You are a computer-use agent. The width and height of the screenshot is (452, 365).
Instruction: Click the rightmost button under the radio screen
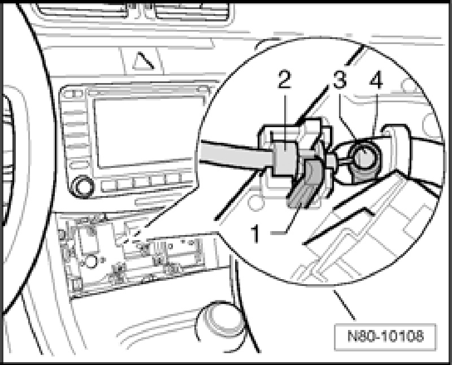click(181, 182)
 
